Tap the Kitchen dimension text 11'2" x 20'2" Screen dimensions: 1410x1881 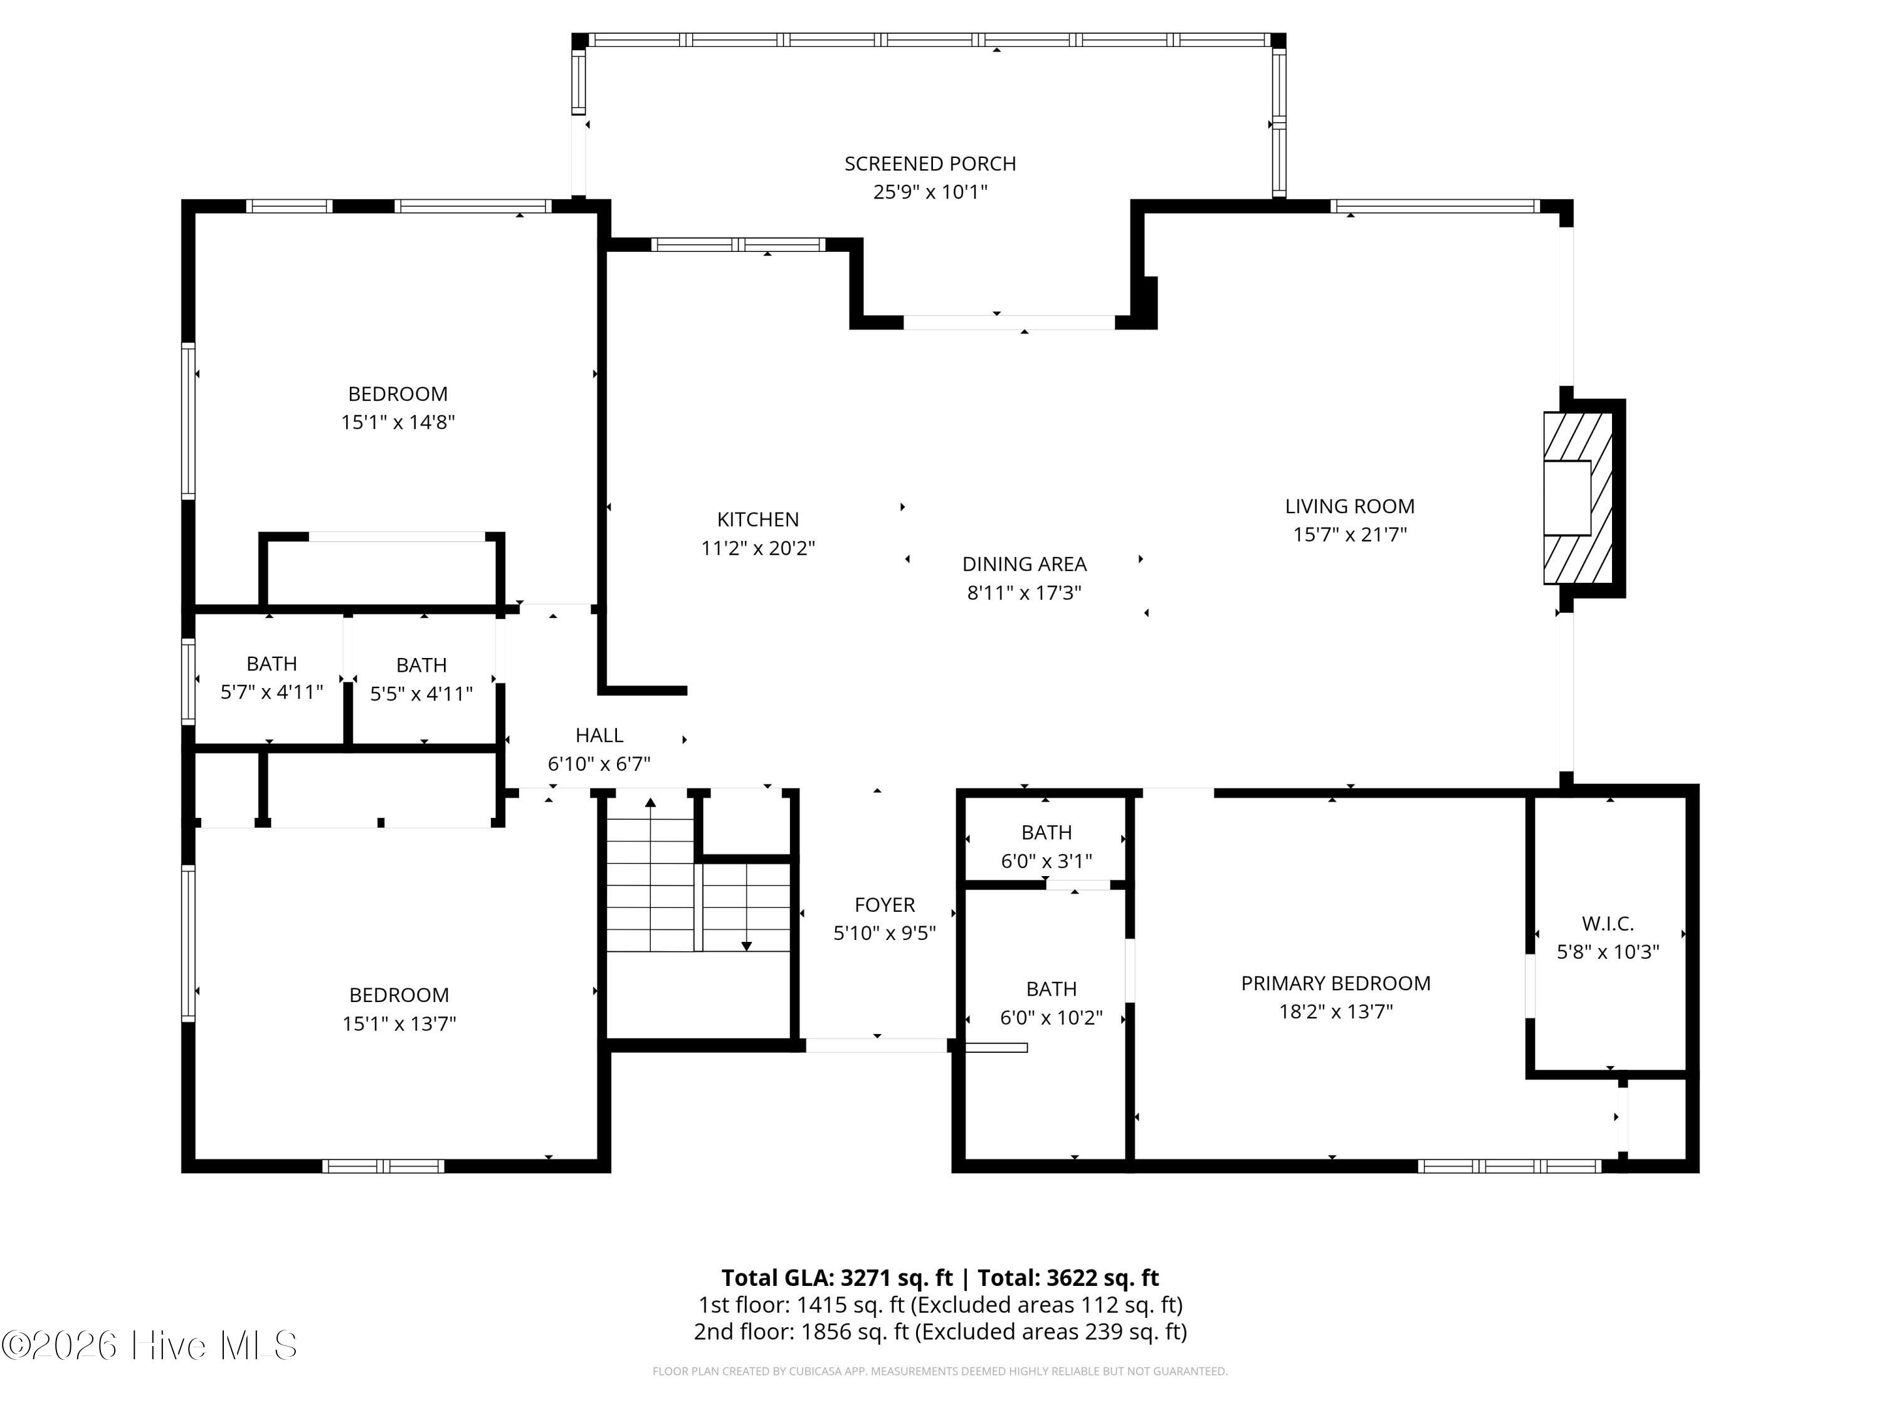tap(757, 548)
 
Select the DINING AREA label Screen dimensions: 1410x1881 tap(1024, 565)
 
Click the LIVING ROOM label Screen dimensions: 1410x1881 tap(1349, 506)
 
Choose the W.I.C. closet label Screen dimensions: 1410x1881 tap(1607, 923)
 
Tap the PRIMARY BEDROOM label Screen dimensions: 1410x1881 tap(1335, 983)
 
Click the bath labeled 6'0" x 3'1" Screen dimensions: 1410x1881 tap(1046, 847)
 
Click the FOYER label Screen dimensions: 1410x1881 tap(884, 905)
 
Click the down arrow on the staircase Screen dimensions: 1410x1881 tap(747, 944)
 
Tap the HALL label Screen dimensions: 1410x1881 tap(599, 735)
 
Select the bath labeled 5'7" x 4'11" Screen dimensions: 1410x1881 tap(271, 677)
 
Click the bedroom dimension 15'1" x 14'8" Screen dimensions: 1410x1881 tap(398, 422)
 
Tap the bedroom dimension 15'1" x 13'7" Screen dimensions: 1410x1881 tap(399, 1023)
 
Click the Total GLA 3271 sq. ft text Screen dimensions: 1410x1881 tap(837, 1277)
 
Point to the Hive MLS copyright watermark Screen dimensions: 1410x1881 tap(150, 1345)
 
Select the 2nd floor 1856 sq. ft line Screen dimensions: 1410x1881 tap(940, 1331)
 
